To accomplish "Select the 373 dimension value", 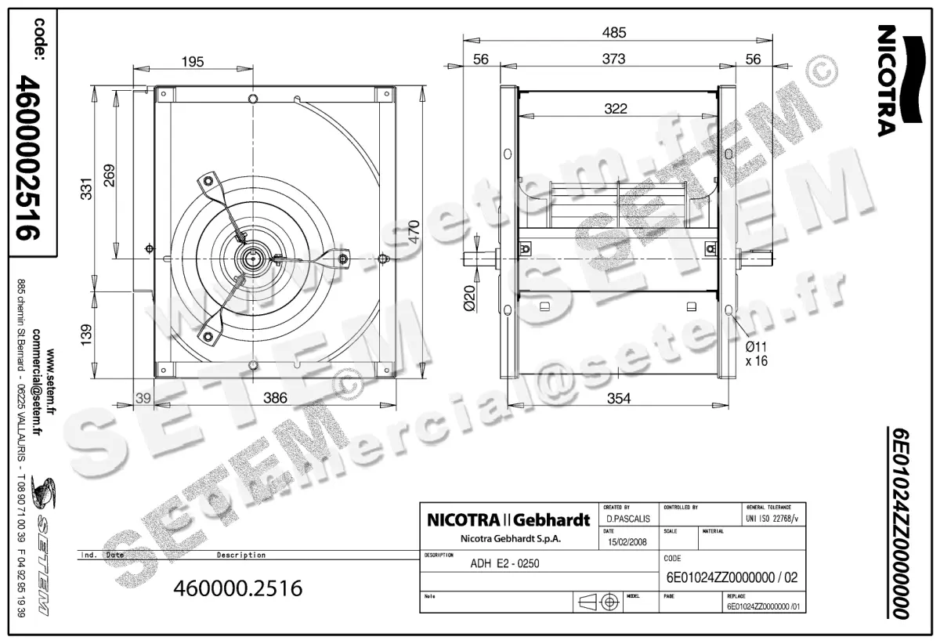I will tap(614, 59).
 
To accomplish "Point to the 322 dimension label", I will tap(616, 109).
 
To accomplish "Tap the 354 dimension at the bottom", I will tap(618, 399).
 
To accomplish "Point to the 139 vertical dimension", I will tap(87, 335).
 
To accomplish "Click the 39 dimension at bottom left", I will tap(143, 398).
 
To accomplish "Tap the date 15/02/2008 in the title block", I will tap(627, 541).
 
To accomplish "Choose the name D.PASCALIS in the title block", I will tap(627, 519).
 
